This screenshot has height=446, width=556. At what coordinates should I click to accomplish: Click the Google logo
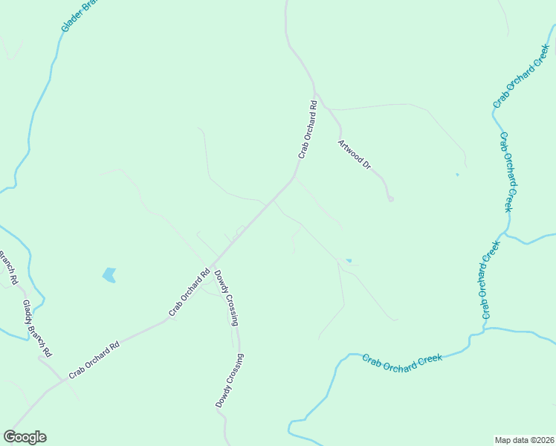(x=25, y=437)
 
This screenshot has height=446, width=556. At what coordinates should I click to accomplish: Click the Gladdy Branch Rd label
(x=36, y=328)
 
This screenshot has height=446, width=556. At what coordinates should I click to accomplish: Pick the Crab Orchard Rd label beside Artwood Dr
(x=308, y=129)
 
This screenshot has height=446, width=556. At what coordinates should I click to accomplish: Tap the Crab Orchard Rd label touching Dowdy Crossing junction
(x=190, y=292)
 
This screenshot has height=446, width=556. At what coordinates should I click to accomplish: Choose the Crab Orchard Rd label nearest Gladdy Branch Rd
(x=94, y=360)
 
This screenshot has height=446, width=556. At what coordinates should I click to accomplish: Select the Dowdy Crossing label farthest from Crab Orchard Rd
(x=229, y=380)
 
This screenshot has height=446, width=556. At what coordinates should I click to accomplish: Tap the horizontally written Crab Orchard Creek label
(x=402, y=359)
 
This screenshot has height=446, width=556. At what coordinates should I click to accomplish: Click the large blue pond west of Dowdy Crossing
(x=109, y=275)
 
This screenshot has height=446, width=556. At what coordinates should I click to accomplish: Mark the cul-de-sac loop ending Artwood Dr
(x=390, y=198)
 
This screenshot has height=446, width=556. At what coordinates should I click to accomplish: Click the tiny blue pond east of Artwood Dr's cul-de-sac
(x=457, y=175)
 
